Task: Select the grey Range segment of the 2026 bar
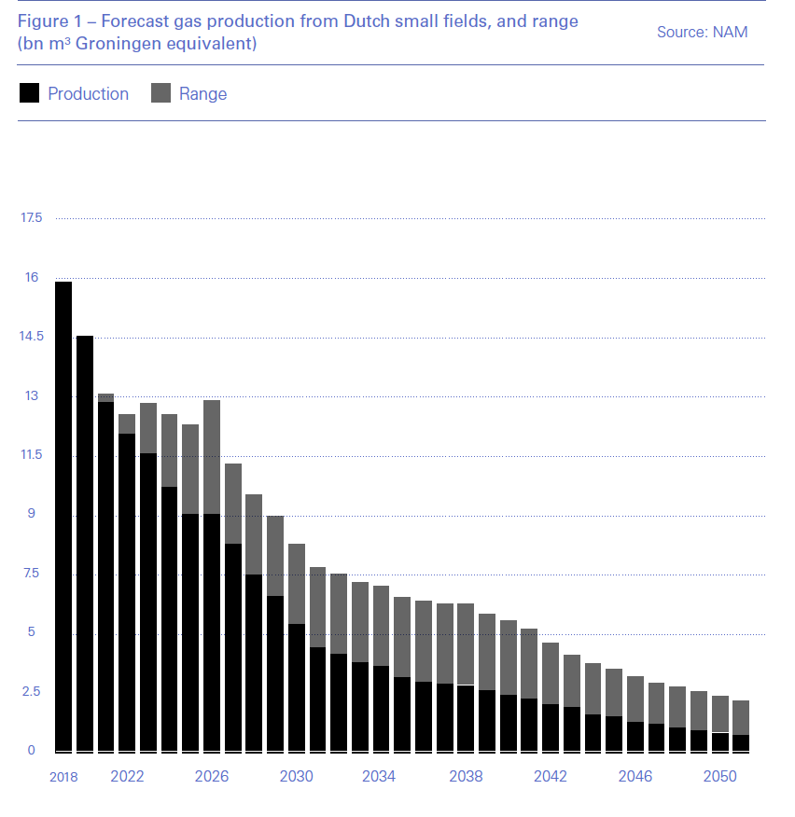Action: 212,457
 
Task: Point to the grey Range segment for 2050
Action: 719,714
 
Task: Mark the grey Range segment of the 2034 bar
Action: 381,626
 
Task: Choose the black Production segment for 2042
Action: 551,727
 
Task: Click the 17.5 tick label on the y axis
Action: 33,218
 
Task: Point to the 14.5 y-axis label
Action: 33,337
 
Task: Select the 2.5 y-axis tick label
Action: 33,692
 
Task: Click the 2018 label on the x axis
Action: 63,777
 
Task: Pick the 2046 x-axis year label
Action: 635,777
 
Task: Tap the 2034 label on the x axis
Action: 381,777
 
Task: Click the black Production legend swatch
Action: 29,93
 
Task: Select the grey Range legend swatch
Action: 160,93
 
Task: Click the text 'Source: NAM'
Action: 702,32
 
